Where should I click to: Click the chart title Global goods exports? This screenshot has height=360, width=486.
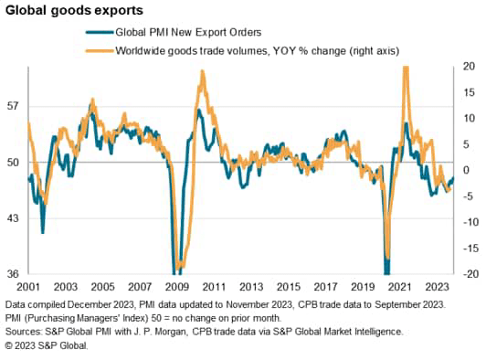(x=72, y=12)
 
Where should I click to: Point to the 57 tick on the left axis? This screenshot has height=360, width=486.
(x=13, y=106)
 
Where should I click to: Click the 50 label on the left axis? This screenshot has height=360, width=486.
(x=13, y=163)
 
